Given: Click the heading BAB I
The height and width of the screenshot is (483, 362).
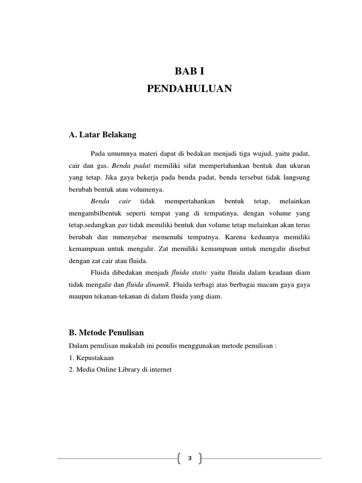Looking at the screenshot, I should coord(190,72).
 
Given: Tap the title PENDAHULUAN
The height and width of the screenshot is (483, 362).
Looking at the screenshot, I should coord(190,89).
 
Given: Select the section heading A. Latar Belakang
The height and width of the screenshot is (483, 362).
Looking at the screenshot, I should coord(102,135).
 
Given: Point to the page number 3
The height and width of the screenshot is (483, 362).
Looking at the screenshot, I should coord(190,458).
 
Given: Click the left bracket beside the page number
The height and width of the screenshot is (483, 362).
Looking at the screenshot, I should coord(181,458).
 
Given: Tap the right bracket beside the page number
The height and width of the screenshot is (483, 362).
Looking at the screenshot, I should coord(200,458).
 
